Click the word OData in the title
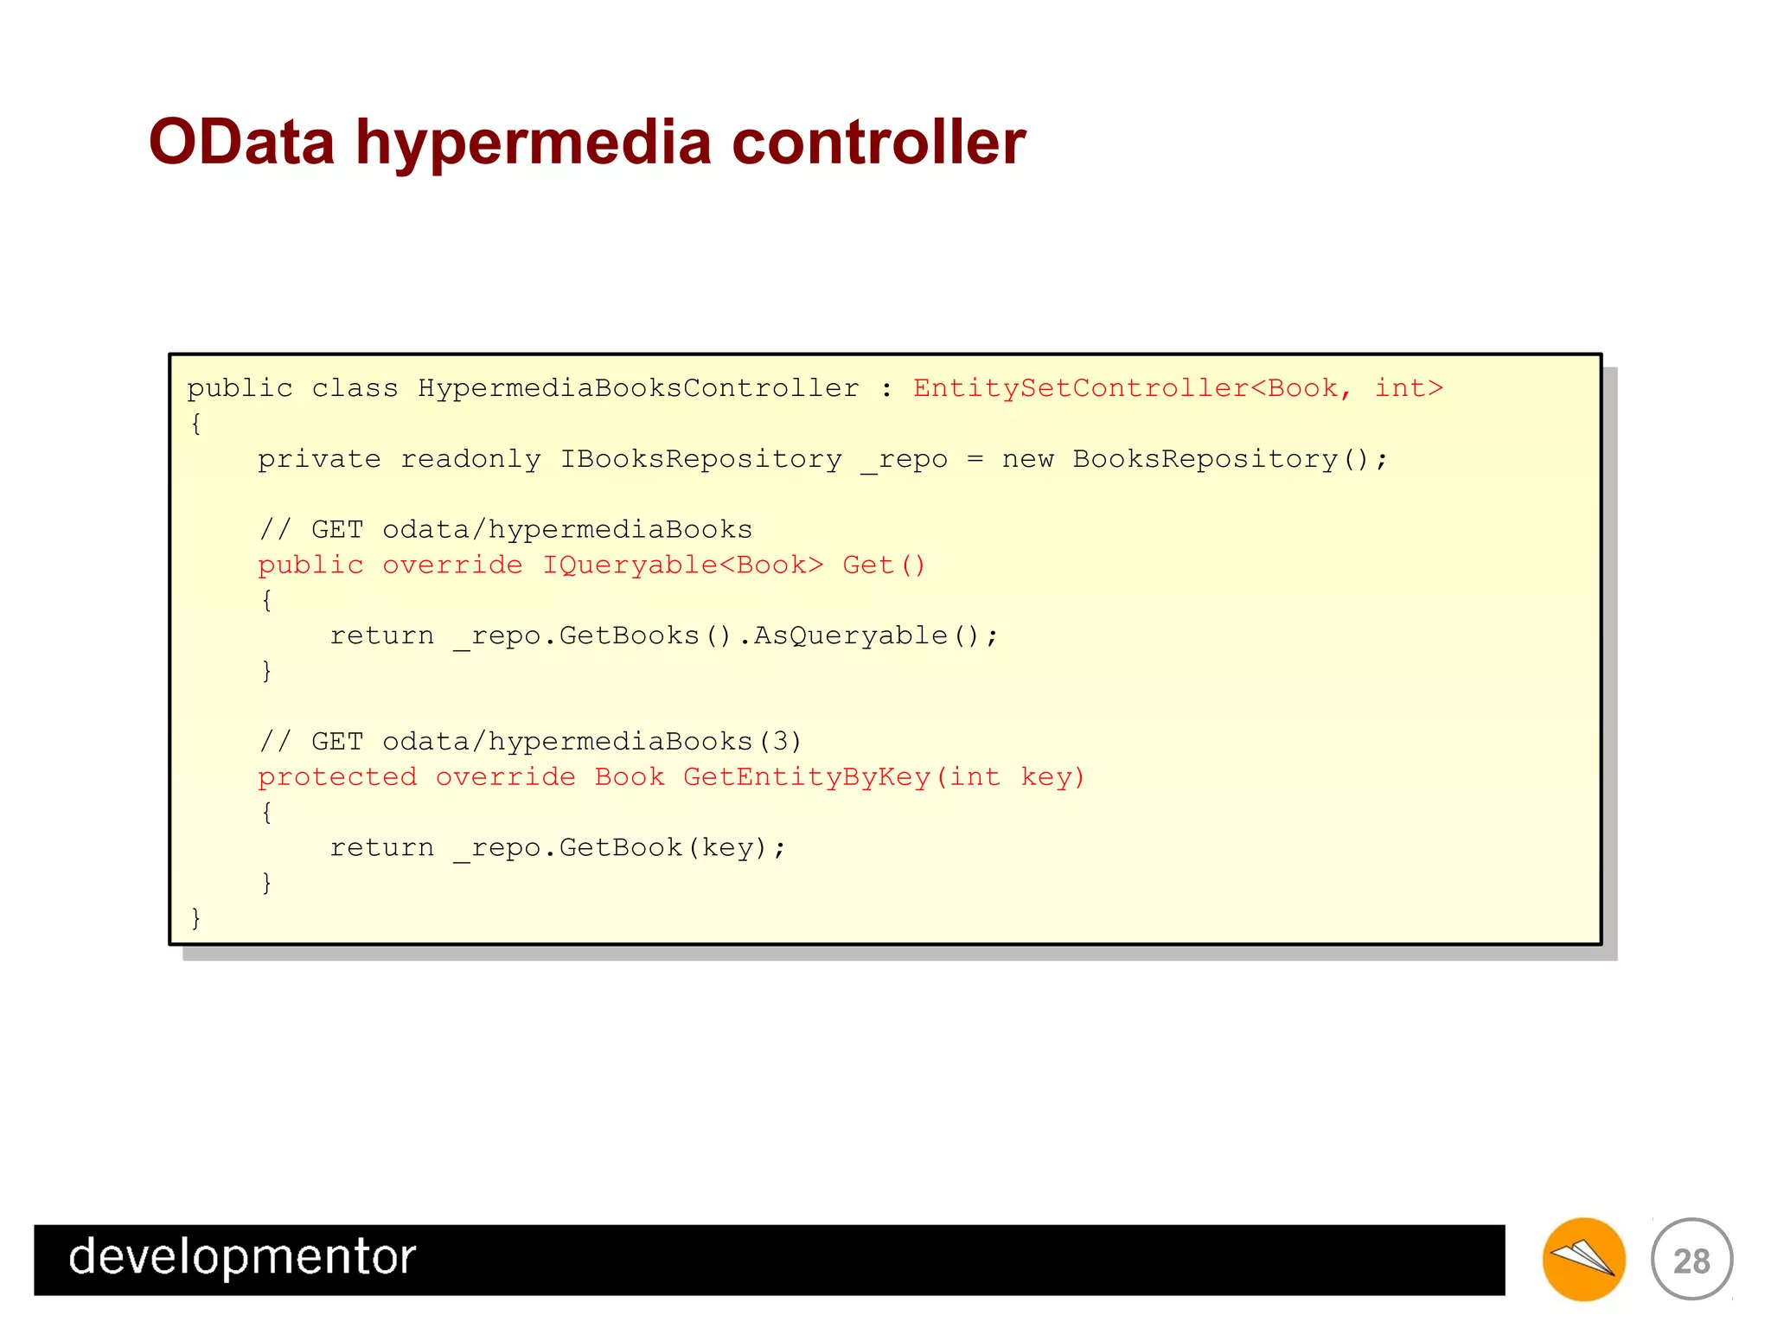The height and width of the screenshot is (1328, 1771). pos(241,142)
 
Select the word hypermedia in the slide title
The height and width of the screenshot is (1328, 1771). pos(534,144)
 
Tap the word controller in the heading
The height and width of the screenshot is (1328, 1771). pos(879,142)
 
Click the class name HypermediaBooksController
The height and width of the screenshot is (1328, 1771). pos(638,388)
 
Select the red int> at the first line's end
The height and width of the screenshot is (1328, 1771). pos(1409,388)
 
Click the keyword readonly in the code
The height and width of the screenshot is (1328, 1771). pos(470,459)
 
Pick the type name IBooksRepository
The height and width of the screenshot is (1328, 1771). pos(700,459)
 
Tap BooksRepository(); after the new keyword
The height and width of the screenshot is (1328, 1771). pos(1230,459)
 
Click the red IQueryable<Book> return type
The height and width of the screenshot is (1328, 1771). pos(682,565)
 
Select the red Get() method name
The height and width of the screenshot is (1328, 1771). pos(884,565)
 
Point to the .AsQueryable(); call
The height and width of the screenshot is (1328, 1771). pos(868,636)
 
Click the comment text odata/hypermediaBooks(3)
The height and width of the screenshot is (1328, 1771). pos(592,742)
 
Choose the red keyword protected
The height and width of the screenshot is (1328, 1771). pos(337,777)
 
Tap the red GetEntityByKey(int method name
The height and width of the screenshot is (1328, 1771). pos(841,777)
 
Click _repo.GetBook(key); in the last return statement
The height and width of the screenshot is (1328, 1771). pos(619,848)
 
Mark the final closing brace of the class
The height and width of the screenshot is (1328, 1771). pos(195,917)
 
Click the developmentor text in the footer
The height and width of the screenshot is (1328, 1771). pos(242,1258)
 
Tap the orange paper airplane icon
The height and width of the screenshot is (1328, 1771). pos(1583,1259)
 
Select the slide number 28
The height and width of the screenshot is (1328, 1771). pos(1691,1261)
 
